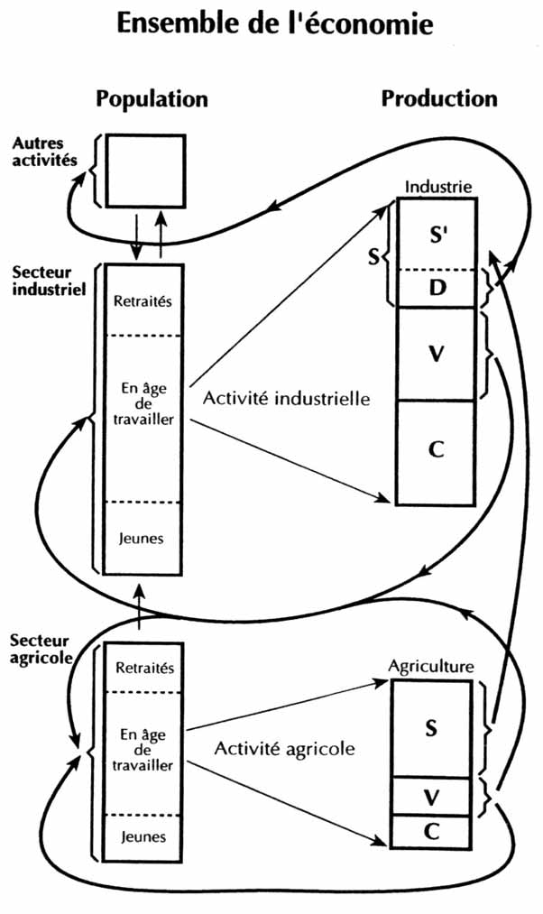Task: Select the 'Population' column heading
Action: pos(152,98)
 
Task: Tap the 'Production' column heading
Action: pos(438,98)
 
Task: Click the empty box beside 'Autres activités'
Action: pos(146,171)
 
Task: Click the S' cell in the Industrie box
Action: pos(437,233)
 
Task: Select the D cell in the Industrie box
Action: pos(437,288)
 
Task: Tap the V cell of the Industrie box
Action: pos(437,354)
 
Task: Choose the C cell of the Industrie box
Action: pos(437,451)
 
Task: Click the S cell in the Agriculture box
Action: pos(431,728)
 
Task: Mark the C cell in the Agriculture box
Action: pos(431,830)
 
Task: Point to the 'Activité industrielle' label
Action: pos(287,397)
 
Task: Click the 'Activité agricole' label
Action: pos(285,748)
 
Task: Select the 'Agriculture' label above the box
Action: pos(430,668)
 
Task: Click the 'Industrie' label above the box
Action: pos(437,188)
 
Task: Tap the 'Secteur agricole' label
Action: pos(41,648)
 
